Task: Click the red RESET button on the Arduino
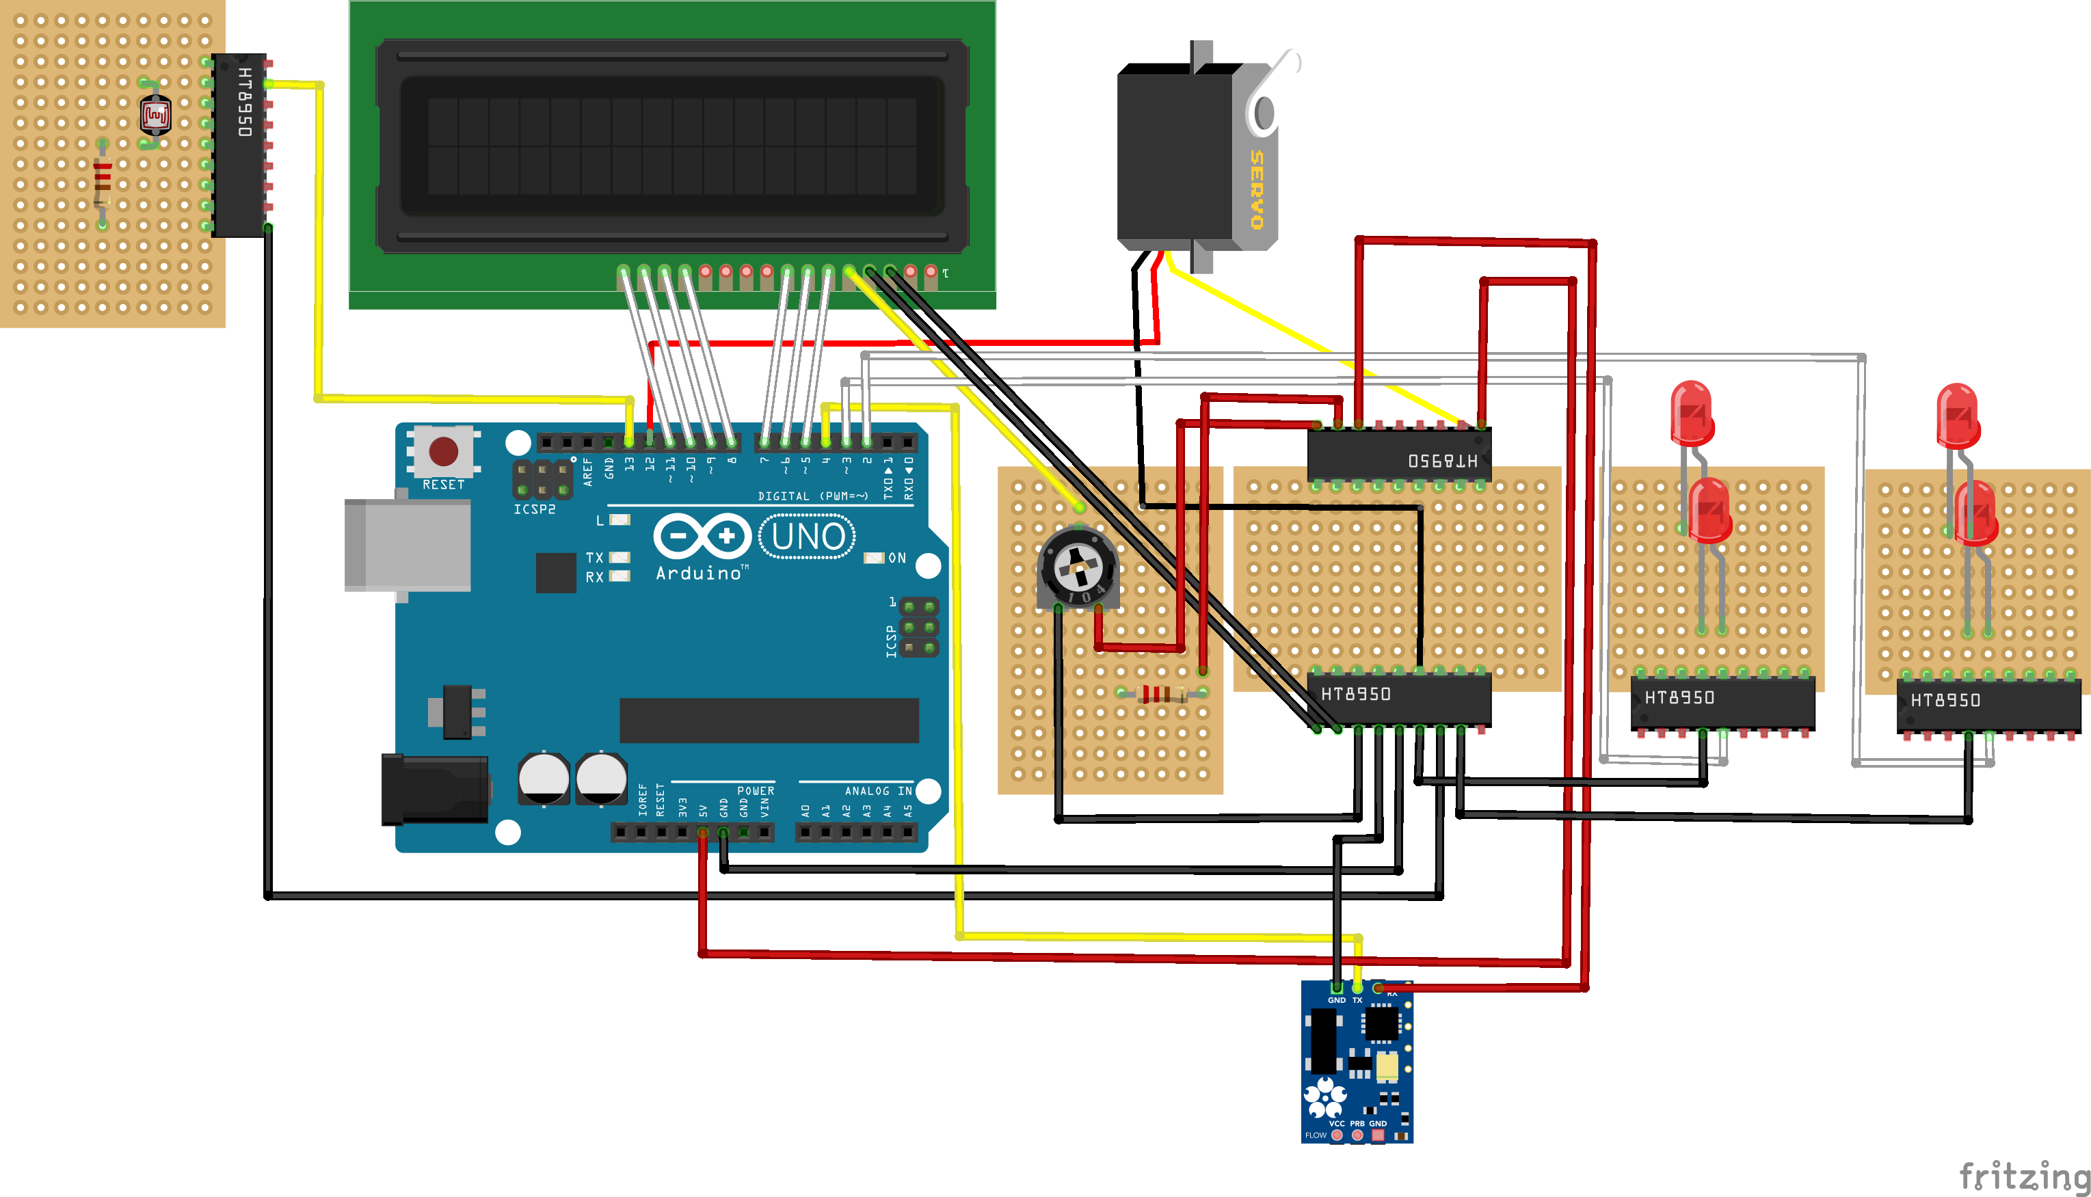click(443, 450)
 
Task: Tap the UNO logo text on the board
click(808, 537)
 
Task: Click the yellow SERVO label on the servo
click(1256, 189)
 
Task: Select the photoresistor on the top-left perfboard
click(155, 116)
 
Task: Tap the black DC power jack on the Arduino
click(434, 790)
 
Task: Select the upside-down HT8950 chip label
click(1442, 460)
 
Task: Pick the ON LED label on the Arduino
click(896, 559)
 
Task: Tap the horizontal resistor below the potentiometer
click(1160, 694)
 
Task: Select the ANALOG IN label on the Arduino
click(877, 791)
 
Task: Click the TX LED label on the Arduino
click(594, 557)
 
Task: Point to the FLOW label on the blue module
click(1316, 1135)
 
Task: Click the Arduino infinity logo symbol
click(702, 536)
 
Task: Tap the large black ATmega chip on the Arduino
click(769, 720)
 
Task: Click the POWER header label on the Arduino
click(755, 791)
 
